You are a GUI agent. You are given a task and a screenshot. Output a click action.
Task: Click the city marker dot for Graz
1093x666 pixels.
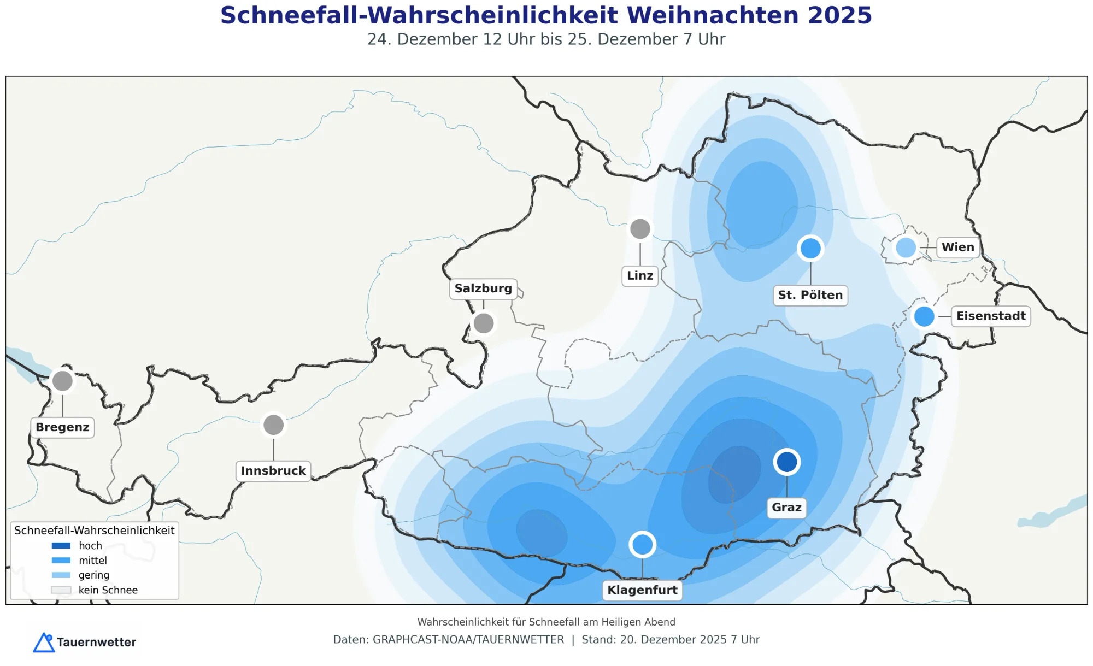pyautogui.click(x=787, y=462)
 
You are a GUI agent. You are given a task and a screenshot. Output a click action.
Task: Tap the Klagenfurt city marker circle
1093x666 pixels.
pyautogui.click(x=642, y=544)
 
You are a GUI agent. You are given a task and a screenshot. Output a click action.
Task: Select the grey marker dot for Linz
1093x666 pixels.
pyautogui.click(x=640, y=229)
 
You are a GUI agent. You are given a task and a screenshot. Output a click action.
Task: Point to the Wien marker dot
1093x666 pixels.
pyautogui.click(x=906, y=247)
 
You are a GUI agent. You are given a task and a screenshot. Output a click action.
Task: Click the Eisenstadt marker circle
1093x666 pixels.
pyautogui.click(x=924, y=316)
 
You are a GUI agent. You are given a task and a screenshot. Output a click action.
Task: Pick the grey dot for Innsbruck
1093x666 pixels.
pyautogui.click(x=273, y=425)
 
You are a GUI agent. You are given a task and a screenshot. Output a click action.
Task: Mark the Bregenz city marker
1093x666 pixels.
pyautogui.click(x=62, y=381)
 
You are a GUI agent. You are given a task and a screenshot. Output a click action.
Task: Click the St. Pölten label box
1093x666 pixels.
pyautogui.click(x=810, y=295)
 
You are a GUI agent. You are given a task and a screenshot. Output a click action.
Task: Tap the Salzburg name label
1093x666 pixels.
pyautogui.click(x=483, y=288)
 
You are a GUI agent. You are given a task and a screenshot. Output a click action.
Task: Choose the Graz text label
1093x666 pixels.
pyautogui.click(x=786, y=508)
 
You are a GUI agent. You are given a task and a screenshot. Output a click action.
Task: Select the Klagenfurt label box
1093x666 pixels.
pyautogui.click(x=642, y=590)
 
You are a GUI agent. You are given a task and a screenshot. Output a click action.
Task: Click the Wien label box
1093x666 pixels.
pyautogui.click(x=957, y=247)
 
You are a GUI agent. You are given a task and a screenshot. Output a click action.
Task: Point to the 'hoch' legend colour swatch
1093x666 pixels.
pyautogui.click(x=61, y=546)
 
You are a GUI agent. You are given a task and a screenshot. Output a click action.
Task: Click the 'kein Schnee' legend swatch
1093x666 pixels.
pyautogui.click(x=61, y=590)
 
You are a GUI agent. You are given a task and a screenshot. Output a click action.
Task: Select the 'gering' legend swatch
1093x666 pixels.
pyautogui.click(x=61, y=575)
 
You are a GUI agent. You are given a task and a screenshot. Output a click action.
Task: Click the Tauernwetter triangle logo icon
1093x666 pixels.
pyautogui.click(x=44, y=643)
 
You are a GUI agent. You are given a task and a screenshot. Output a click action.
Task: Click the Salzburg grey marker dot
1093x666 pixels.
pyautogui.click(x=484, y=323)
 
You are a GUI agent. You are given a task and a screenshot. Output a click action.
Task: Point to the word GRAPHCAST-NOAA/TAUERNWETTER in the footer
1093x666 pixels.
pyautogui.click(x=468, y=640)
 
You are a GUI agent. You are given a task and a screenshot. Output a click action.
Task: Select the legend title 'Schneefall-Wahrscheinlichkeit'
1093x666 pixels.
pyautogui.click(x=94, y=531)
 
